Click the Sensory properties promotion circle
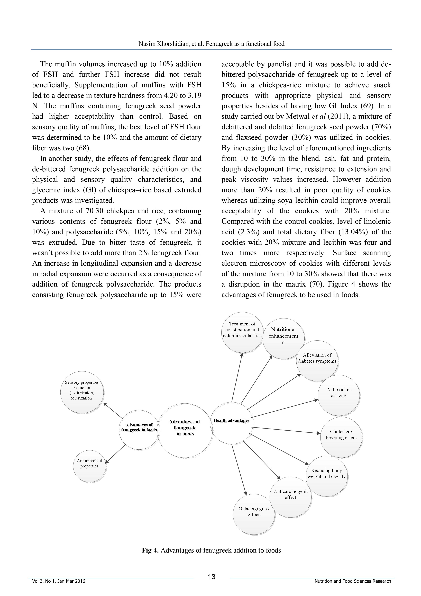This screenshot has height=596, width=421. [x=82, y=392]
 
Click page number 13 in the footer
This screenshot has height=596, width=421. [x=211, y=577]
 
